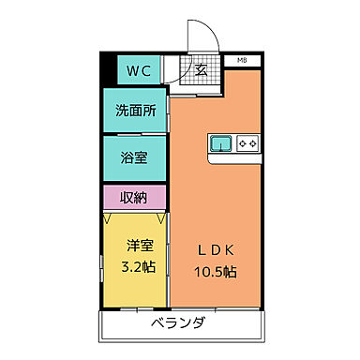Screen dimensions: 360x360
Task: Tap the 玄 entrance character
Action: pos(202,71)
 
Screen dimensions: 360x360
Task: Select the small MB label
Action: pos(242,60)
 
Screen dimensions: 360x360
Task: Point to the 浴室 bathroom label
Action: pos(136,157)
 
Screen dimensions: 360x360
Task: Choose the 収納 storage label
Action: pos(136,198)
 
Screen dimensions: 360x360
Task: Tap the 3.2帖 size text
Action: pos(141,266)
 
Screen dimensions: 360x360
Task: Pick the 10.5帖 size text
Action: pos(217,273)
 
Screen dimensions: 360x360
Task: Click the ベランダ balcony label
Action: pos(178,325)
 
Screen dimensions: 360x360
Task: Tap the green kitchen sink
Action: pos(221,143)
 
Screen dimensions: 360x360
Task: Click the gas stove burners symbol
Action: pos(248,143)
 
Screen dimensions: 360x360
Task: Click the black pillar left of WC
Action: pos(107,71)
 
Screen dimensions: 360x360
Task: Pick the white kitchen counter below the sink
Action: pos(234,158)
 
